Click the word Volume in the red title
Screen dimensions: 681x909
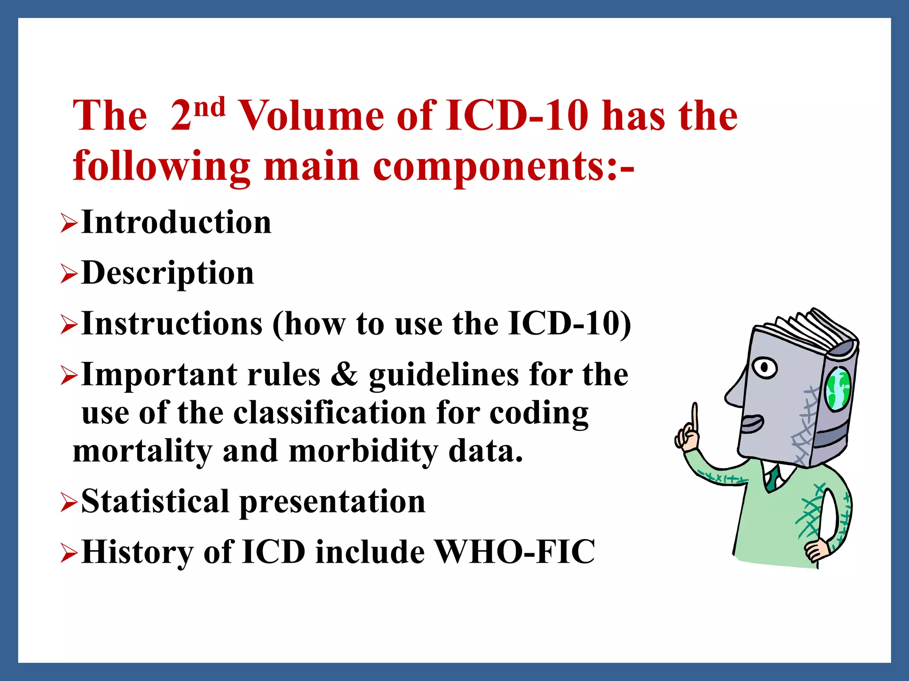tap(311, 116)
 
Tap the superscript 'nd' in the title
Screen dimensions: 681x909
tap(209, 108)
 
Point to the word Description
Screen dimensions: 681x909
tap(168, 273)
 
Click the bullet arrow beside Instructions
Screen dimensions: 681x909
tap(69, 325)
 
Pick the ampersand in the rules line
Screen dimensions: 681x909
tap(344, 375)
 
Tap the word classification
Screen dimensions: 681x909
tap(329, 413)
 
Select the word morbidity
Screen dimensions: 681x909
tap(363, 451)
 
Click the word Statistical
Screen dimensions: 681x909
tap(155, 501)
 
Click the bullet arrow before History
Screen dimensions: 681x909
tap(69, 553)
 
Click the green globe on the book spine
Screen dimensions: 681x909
tap(837, 389)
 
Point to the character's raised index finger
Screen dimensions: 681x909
tap(695, 417)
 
